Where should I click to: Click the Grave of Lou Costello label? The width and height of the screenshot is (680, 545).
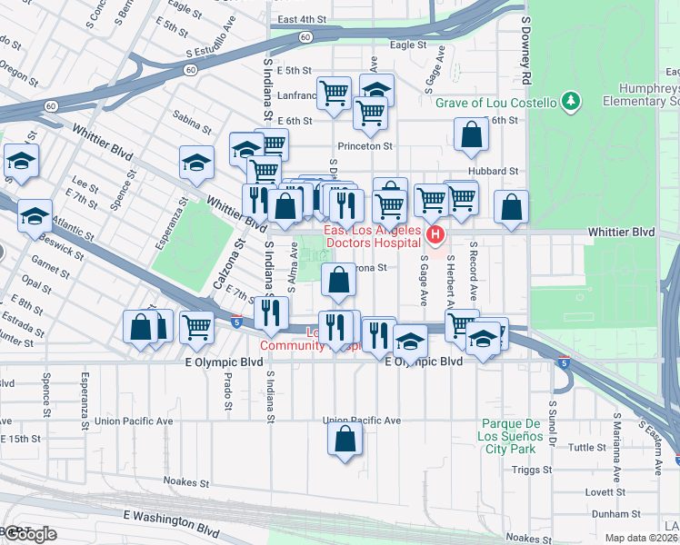[495, 102]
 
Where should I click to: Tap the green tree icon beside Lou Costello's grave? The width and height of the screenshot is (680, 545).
[571, 102]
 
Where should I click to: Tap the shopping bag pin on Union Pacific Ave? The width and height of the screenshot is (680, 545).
[345, 439]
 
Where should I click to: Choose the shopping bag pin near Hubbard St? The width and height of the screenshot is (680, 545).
[472, 135]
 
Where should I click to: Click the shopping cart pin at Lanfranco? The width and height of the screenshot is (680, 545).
[334, 93]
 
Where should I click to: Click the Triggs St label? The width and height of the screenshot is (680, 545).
[531, 470]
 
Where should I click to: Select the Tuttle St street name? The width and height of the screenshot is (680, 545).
[587, 448]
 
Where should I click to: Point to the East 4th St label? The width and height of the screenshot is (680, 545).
[302, 19]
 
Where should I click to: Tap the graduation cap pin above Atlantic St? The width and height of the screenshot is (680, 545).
[35, 216]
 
